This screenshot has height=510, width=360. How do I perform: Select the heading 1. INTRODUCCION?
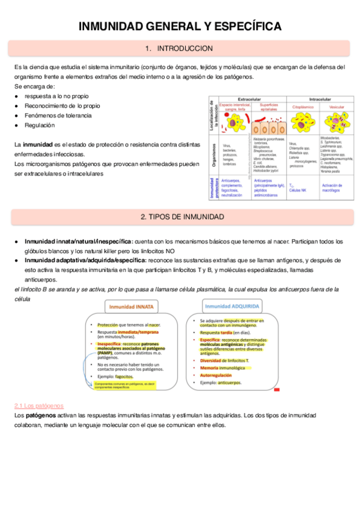[x=179, y=48]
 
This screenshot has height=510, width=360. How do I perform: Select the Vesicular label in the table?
[x=337, y=106]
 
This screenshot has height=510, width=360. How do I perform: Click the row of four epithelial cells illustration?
[x=265, y=128]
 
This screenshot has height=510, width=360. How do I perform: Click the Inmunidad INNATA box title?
[x=132, y=306]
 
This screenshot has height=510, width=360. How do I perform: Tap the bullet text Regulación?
[x=39, y=125]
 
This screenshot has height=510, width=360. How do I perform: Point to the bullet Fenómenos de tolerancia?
[x=58, y=115]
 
